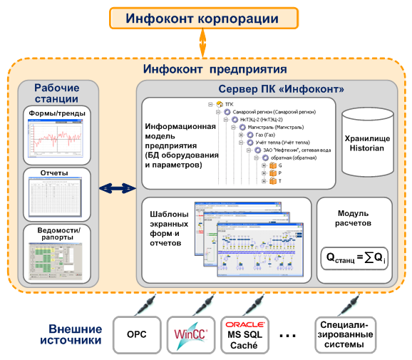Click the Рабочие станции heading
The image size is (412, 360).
[56, 93]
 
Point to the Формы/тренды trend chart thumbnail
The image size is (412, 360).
[56, 139]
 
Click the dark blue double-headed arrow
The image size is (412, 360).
[117, 188]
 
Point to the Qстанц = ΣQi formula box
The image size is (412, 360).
[354, 258]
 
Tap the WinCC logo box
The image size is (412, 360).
[190, 334]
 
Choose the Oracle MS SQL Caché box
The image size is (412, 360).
[245, 334]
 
